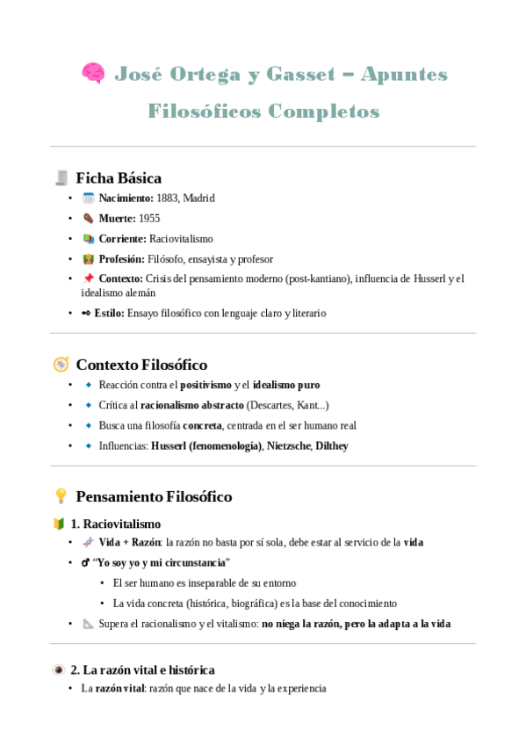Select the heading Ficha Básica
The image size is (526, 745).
tap(119, 177)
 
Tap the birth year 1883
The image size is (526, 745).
tap(168, 199)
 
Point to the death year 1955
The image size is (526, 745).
tap(149, 219)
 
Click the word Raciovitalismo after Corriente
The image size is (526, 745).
tap(181, 239)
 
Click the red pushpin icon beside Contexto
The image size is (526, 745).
tap(88, 279)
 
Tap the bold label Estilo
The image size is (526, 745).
tap(109, 313)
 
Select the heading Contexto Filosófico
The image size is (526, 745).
tap(141, 364)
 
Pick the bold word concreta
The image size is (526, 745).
tap(202, 425)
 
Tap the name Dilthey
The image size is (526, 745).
tap(332, 445)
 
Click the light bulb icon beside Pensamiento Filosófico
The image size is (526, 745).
tap(61, 496)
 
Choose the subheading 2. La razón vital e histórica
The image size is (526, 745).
tap(142, 669)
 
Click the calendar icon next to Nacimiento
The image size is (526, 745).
tap(88, 199)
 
